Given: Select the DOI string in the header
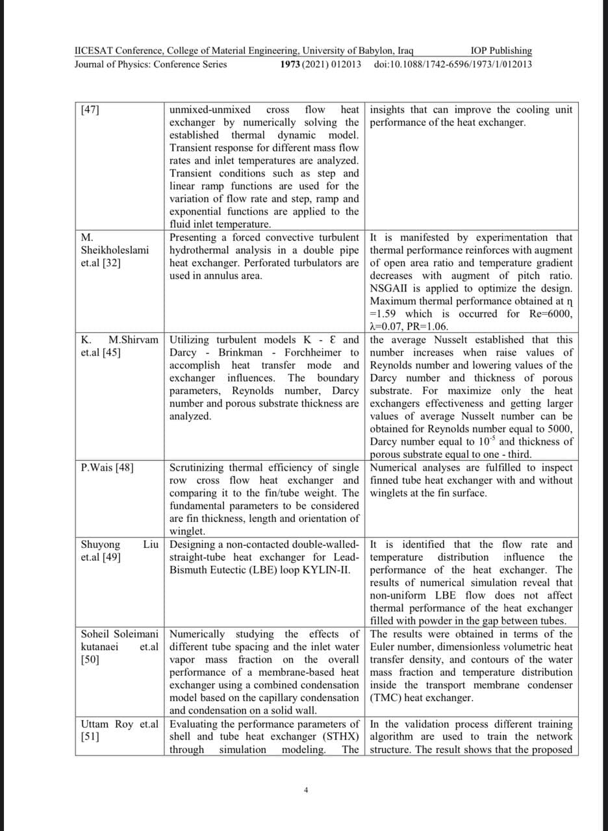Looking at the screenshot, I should (x=453, y=64).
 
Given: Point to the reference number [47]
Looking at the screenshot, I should (x=90, y=110).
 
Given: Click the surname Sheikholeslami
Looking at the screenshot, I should (x=114, y=250).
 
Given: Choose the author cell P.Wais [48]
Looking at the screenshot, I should (x=108, y=467).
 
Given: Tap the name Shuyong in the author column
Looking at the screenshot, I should (x=100, y=544).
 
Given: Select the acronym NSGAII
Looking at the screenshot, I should (x=391, y=288).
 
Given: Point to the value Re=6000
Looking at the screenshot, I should (x=551, y=314).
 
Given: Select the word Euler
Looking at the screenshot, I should (x=385, y=647).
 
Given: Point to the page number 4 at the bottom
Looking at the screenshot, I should (x=306, y=790).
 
